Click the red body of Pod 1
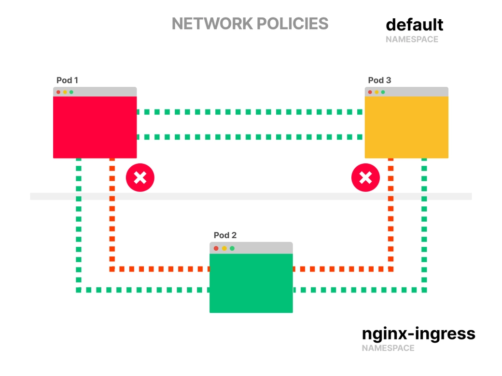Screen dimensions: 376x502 (95, 127)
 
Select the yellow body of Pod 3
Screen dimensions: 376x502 (406, 127)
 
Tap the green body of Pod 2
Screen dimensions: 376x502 (251, 283)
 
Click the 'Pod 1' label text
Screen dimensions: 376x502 (67, 80)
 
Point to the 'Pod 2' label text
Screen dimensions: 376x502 (225, 235)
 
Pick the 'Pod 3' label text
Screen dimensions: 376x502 (379, 80)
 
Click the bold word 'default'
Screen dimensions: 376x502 (414, 24)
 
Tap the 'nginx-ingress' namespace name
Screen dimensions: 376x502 (418, 334)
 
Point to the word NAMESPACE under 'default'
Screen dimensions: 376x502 (412, 40)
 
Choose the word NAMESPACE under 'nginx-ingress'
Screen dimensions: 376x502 (388, 348)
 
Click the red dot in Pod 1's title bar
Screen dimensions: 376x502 (58, 92)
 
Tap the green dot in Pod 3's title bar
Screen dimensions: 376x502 (383, 92)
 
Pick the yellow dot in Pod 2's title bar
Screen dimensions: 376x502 (224, 248)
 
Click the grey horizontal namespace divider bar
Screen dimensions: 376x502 (251, 196)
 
